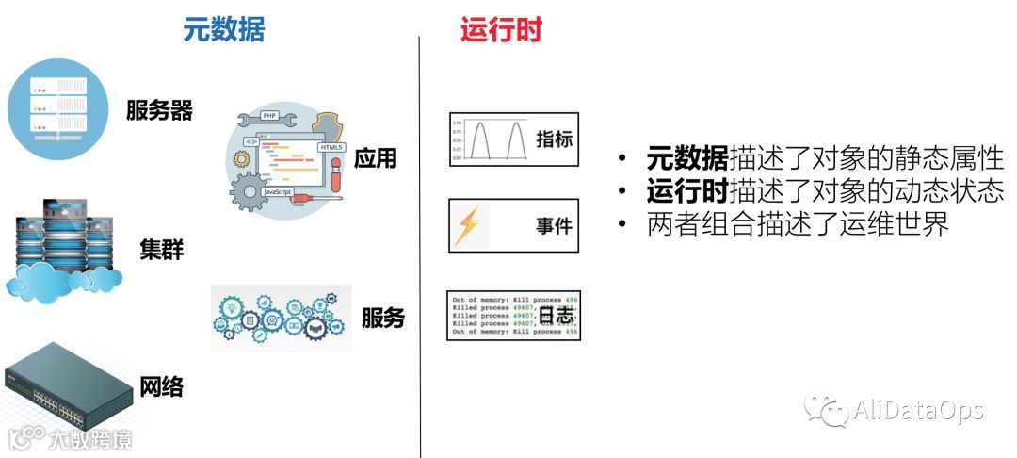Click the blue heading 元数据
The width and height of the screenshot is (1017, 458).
pos(223,30)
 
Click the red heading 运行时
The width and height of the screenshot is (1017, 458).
pos(501,30)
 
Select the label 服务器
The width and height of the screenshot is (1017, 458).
pos(159,111)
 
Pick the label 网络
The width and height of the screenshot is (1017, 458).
pos(161,385)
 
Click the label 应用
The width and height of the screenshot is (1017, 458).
pos(376,158)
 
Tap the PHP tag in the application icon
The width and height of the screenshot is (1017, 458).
pos(268,117)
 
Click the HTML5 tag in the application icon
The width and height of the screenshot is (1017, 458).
pos(331,148)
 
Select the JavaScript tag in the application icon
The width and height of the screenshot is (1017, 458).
pos(277,190)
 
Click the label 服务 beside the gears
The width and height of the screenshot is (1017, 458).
pos(383,318)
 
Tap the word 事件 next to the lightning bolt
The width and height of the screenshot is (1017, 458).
pos(555,226)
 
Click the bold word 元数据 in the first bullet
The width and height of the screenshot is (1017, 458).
pos(687,158)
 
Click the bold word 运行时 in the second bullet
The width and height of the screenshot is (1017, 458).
pos(687,191)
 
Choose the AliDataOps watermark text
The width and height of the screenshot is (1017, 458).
pos(917,410)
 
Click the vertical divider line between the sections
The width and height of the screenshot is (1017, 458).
pos(420,245)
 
